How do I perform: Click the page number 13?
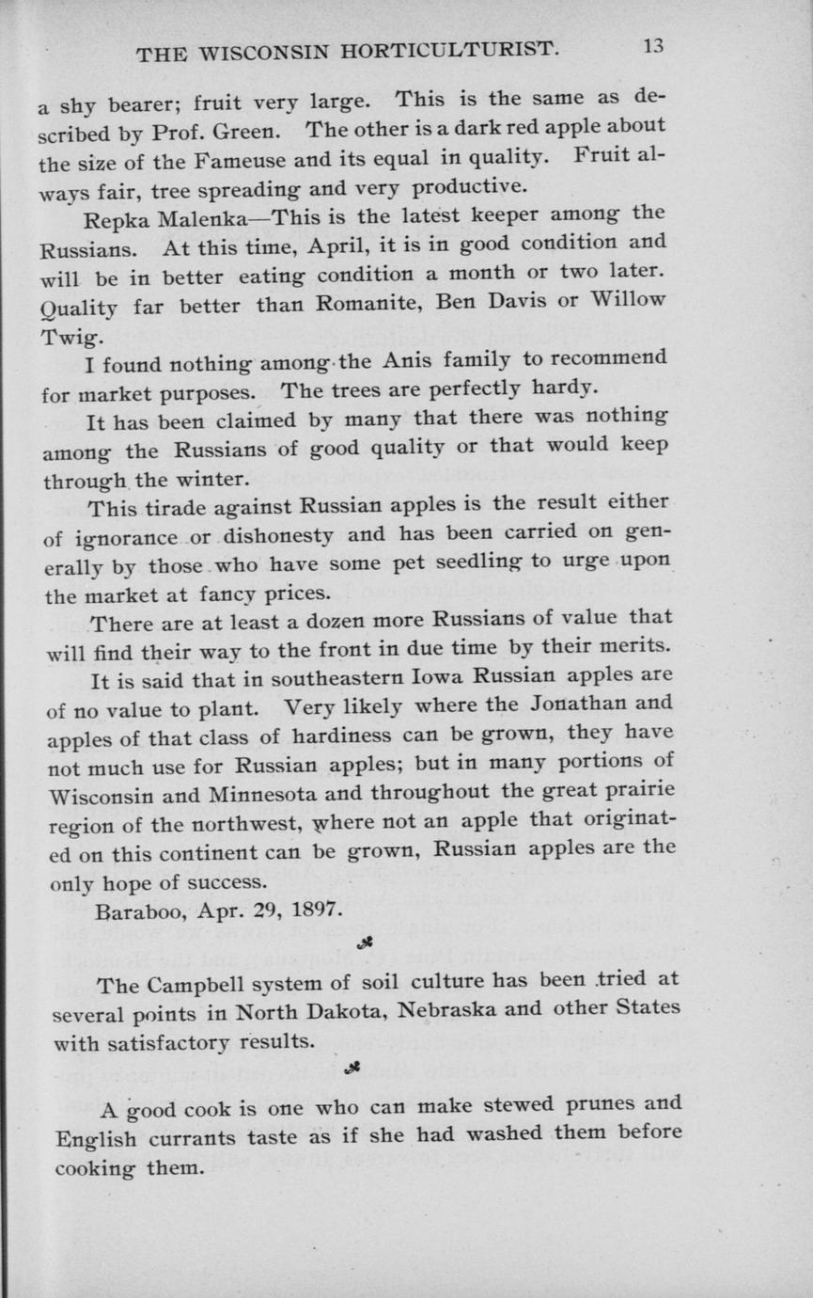pyautogui.click(x=653, y=47)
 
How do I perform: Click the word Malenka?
pyautogui.click(x=211, y=221)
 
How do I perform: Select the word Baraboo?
pyautogui.click(x=135, y=911)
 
